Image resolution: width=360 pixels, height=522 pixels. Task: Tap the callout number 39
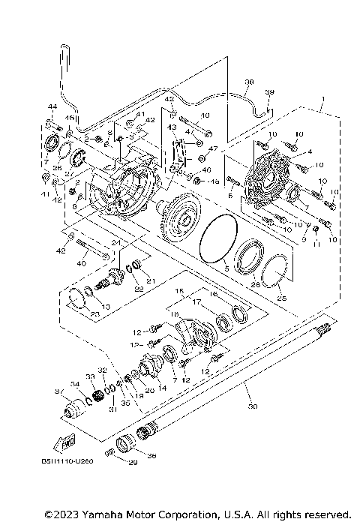[270, 92]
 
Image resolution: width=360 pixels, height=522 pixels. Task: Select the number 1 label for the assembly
[321, 99]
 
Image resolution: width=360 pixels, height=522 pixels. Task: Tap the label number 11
[316, 243]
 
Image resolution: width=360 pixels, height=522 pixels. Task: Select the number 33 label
[89, 376]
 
